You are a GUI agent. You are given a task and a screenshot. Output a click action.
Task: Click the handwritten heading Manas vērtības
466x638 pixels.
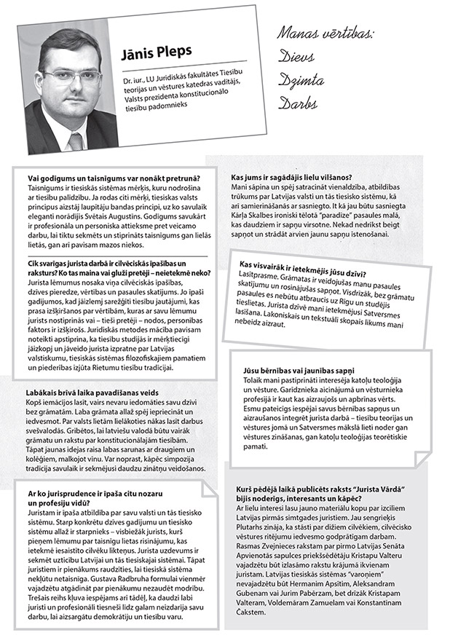[x=325, y=33]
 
